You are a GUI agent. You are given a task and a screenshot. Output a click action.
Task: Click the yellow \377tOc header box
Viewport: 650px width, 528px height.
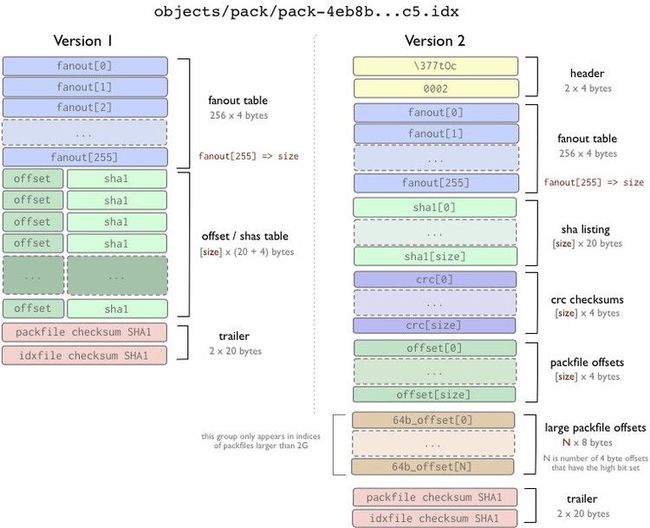[x=435, y=66]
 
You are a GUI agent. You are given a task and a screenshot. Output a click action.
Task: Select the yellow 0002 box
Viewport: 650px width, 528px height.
[x=436, y=88]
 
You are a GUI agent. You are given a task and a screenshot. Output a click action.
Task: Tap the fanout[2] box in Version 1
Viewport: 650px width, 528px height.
[x=85, y=108]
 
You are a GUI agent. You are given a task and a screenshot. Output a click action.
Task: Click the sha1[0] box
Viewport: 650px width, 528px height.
[x=435, y=207]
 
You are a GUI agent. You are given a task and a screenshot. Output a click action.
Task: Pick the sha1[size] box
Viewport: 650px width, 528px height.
[x=435, y=256]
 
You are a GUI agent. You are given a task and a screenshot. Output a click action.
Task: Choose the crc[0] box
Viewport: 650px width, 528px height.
[x=435, y=279]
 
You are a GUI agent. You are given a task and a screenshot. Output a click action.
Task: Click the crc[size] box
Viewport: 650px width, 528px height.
[x=434, y=325]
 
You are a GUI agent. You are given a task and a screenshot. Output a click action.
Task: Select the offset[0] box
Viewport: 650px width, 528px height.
[x=435, y=348]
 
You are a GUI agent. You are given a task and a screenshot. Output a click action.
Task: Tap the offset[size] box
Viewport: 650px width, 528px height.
[x=434, y=394]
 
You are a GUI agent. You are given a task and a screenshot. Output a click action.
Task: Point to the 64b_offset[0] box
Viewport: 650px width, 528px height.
[x=433, y=420]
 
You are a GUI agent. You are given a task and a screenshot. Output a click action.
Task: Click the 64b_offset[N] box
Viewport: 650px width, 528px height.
[x=432, y=467]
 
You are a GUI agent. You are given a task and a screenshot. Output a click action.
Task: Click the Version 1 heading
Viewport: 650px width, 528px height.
[x=83, y=41]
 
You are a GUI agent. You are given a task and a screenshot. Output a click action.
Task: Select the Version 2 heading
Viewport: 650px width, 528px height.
[x=435, y=41]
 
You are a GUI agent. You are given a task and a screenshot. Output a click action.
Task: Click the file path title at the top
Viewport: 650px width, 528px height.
[x=306, y=11]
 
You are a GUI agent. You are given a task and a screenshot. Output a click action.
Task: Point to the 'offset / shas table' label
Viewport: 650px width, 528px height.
[x=245, y=236]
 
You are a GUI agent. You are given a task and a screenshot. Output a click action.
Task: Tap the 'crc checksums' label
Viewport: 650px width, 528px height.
[x=587, y=300]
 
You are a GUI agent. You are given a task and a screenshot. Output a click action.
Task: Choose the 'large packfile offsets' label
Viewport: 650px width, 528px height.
[x=595, y=428]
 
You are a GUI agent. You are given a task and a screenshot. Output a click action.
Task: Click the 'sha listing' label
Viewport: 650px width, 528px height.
[x=585, y=229]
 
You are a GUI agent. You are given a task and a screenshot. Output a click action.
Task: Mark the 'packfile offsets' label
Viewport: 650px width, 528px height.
[x=587, y=363]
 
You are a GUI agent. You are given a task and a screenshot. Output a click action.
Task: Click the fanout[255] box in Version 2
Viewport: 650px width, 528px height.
[x=436, y=183]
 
